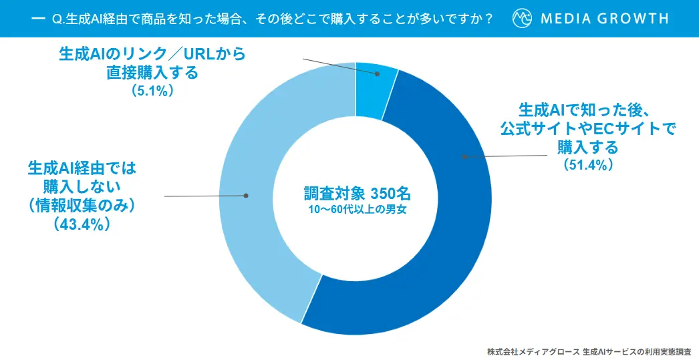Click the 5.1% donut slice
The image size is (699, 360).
click(375, 90)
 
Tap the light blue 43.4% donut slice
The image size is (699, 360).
click(261, 200)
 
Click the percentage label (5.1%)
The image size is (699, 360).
click(153, 91)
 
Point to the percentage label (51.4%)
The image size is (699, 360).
click(588, 164)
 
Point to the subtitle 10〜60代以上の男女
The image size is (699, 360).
click(354, 211)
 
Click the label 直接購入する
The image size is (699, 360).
click(152, 72)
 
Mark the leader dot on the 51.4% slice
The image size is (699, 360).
click(463, 156)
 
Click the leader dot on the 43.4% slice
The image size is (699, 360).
click(246, 196)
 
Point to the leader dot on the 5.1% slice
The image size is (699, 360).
click(377, 74)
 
